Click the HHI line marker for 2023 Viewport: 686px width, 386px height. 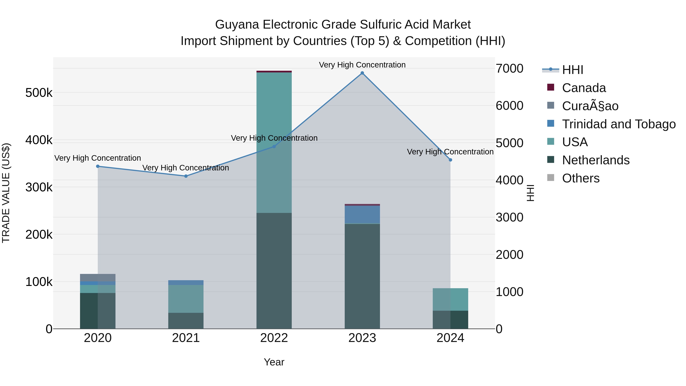click(x=362, y=73)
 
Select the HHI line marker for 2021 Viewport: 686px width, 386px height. click(x=186, y=176)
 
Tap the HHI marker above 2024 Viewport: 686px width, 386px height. click(x=450, y=160)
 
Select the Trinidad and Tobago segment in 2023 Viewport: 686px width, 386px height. click(x=362, y=214)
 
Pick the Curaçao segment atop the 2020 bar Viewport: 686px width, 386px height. click(x=98, y=278)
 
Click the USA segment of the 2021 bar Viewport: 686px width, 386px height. click(x=186, y=299)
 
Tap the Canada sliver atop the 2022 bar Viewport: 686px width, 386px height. click(x=274, y=72)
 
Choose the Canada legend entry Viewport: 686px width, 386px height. click(x=584, y=88)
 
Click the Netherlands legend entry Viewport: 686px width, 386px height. click(x=595, y=160)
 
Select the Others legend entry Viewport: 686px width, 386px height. click(x=581, y=178)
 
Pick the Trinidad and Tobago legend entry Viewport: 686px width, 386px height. click(x=618, y=124)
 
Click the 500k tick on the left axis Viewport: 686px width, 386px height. click(x=39, y=93)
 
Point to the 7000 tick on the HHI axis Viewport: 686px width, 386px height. click(x=509, y=68)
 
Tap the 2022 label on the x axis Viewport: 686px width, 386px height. click(x=274, y=338)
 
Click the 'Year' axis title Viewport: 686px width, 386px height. click(x=274, y=362)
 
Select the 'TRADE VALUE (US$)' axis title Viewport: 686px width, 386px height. click(x=6, y=193)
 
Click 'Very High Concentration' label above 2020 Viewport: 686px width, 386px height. click(x=98, y=158)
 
